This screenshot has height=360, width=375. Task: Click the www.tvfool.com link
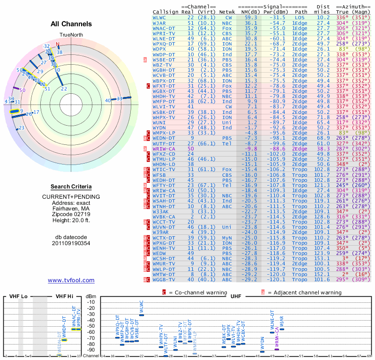(71, 280)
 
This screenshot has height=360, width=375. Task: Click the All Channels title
(71, 24)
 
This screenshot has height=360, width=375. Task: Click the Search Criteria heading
(71, 186)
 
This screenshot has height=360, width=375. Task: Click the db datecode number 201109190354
(71, 243)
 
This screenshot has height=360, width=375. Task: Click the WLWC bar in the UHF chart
(142, 315)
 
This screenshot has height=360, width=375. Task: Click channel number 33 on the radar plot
(120, 98)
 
